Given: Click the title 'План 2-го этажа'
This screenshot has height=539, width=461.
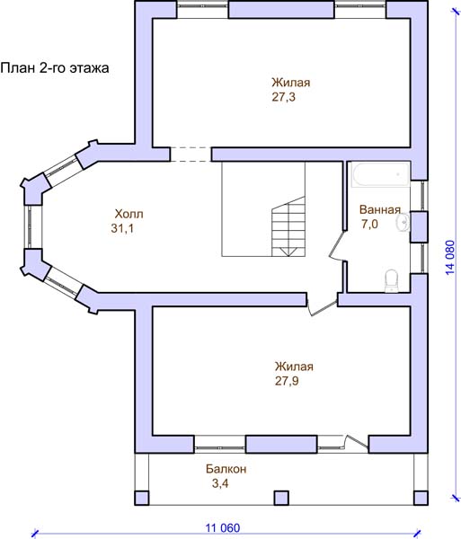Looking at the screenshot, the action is (55, 68).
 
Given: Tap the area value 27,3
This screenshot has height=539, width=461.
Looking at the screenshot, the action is (284, 97).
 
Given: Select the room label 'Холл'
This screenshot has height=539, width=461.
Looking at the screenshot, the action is (129, 214).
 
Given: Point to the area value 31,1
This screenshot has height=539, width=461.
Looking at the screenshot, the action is (122, 228).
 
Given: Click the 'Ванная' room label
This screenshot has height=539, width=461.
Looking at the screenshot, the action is (380, 209).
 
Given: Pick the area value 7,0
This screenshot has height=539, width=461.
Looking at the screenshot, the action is (369, 224).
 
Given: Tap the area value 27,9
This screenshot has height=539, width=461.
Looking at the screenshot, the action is (287, 381).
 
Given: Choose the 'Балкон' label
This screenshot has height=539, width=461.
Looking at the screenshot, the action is (226, 469).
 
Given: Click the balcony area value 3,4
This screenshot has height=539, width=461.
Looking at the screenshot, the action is (220, 483).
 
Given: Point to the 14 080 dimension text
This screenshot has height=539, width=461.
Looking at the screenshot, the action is (450, 258).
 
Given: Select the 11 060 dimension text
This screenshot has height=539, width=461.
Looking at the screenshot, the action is (223, 527).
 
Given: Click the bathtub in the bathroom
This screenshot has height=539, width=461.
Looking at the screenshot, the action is (380, 175).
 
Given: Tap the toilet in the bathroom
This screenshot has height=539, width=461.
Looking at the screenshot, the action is (391, 281).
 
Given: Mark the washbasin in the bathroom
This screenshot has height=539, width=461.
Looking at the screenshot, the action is (403, 223).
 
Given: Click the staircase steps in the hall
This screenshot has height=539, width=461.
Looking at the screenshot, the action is (288, 226).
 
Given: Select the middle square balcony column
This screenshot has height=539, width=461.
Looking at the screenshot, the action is (281, 498).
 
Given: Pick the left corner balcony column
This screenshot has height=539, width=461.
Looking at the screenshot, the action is (142, 498).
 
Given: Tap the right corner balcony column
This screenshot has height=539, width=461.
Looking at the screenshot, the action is (421, 498).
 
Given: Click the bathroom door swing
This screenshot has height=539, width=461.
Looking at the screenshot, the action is (337, 246).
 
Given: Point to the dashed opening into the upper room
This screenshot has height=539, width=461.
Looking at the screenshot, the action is (191, 155).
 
